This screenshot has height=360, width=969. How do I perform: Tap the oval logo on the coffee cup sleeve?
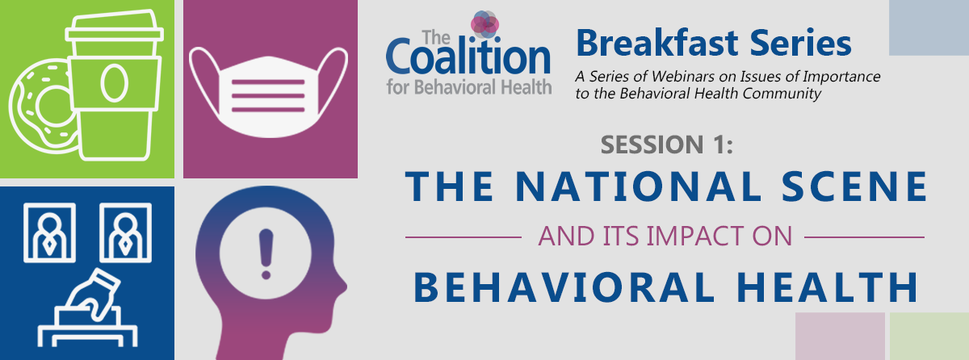click(x=114, y=83)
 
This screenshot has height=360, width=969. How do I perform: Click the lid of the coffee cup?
click(x=114, y=27)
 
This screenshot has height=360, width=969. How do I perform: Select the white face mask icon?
click(x=268, y=92)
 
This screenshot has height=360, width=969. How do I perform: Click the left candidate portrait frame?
click(x=49, y=233)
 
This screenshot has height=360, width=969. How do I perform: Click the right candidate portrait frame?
click(x=125, y=233)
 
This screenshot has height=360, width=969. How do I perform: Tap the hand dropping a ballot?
click(x=94, y=294)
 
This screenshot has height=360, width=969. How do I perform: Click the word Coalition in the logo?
click(x=468, y=57)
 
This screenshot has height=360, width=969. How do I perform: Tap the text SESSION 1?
click(x=667, y=144)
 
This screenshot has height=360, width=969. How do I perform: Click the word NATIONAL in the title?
click(x=638, y=186)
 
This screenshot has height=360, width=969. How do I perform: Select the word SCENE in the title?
click(x=855, y=186)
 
